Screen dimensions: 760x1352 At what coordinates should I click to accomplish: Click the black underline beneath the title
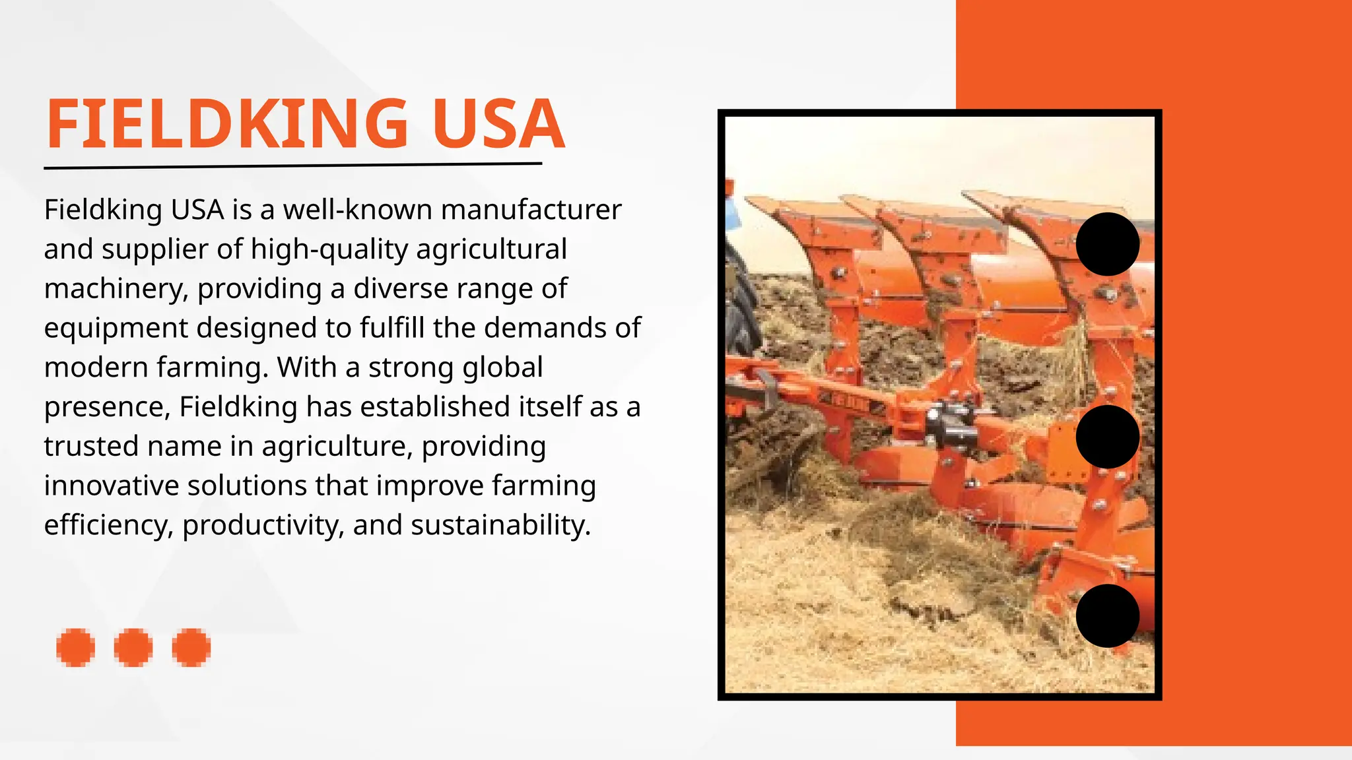[x=293, y=166]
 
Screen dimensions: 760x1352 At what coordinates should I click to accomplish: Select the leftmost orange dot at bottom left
[x=75, y=647]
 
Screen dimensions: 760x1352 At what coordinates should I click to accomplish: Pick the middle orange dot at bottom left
[x=133, y=647]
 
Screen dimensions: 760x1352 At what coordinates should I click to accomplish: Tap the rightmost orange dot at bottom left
[x=191, y=647]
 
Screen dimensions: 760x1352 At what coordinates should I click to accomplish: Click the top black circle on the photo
[x=1107, y=244]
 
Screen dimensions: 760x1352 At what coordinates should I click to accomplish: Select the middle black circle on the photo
[x=1107, y=437]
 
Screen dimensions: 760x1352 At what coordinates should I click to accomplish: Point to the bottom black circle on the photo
[x=1107, y=616]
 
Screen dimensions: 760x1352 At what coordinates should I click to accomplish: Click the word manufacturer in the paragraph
[x=531, y=210]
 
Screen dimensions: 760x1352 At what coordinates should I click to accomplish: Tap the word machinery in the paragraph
[x=115, y=289]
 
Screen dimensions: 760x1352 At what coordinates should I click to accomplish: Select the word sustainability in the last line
[x=500, y=525]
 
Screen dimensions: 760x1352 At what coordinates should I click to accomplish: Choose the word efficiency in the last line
[x=108, y=525]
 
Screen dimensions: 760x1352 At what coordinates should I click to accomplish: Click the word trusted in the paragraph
[x=90, y=446]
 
